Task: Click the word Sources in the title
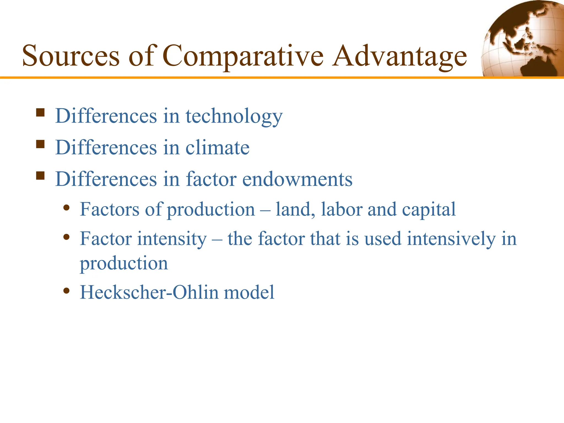pyautogui.click(x=71, y=56)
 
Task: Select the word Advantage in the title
pyautogui.click(x=399, y=56)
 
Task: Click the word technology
pyautogui.click(x=234, y=116)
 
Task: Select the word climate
pyautogui.click(x=217, y=148)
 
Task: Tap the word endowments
pyautogui.click(x=297, y=179)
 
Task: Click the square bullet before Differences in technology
pyautogui.click(x=40, y=113)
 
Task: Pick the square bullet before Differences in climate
pyautogui.click(x=40, y=144)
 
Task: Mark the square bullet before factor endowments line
pyautogui.click(x=40, y=176)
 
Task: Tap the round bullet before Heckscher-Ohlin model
pyautogui.click(x=66, y=291)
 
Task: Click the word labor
pyautogui.click(x=341, y=210)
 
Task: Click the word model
pyautogui.click(x=249, y=292)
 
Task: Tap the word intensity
pyautogui.click(x=172, y=239)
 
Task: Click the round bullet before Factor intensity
pyautogui.click(x=66, y=237)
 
